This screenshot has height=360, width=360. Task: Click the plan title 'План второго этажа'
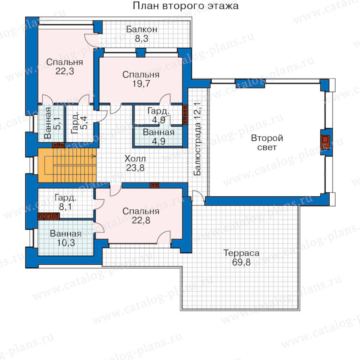(186, 6)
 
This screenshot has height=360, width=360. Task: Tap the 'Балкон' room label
(142, 29)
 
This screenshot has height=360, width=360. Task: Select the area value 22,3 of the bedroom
(65, 71)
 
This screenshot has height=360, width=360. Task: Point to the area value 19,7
(141, 84)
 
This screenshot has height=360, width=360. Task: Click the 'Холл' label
(135, 158)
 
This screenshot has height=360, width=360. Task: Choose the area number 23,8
(135, 168)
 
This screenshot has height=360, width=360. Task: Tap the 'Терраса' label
(241, 253)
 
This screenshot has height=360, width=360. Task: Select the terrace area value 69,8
(241, 262)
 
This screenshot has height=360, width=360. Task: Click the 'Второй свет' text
(267, 142)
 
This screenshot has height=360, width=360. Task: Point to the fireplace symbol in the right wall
(325, 142)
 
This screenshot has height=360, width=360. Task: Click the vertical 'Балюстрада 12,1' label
(197, 139)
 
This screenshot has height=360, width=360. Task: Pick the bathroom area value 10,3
(66, 243)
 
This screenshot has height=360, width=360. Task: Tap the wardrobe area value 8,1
(66, 207)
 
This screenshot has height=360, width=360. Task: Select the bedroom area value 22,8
(141, 220)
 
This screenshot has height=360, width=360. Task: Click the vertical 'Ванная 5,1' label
(52, 123)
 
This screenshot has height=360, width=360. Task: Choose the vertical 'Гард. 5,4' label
(79, 123)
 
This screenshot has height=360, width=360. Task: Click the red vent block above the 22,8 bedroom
(154, 185)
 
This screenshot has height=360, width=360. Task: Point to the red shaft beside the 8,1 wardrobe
(49, 216)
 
